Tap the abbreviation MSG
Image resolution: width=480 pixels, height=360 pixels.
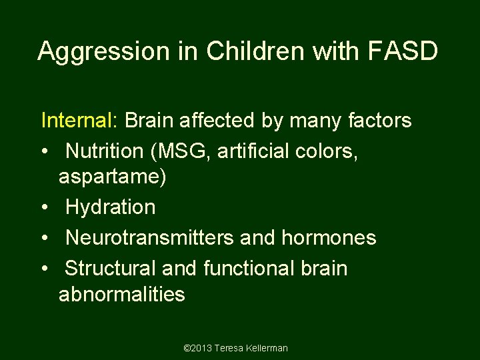[x=180, y=151]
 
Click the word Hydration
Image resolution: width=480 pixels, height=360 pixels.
[x=111, y=207]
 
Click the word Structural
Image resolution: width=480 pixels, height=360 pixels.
[x=110, y=268]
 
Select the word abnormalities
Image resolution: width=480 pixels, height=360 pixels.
[x=122, y=294]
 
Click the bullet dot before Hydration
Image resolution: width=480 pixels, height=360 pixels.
[x=44, y=208]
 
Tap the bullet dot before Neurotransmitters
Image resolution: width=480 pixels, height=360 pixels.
[x=44, y=238]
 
